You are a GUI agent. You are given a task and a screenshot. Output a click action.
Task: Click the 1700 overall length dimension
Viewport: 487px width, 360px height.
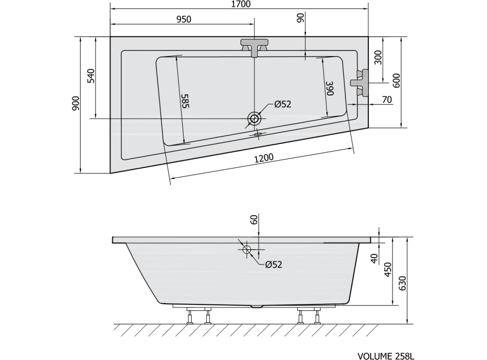241,4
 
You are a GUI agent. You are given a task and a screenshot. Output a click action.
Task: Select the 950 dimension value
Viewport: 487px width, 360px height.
184,19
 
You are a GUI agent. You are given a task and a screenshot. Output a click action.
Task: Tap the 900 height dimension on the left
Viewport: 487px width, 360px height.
76,103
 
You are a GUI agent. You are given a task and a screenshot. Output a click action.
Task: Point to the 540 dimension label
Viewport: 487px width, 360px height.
91,76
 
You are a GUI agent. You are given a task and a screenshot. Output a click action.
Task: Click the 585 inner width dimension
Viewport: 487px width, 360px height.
185,101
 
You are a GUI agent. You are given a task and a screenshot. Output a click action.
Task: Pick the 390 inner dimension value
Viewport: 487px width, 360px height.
330,89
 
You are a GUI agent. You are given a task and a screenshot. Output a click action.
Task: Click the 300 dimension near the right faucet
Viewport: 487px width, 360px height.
378,57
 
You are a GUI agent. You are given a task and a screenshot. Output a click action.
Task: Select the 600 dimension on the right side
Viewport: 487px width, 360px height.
397,80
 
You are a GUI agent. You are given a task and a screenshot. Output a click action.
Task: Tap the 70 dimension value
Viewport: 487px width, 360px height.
387,100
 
